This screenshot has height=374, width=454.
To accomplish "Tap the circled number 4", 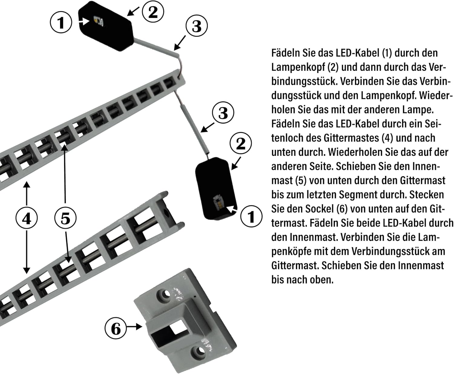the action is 27,218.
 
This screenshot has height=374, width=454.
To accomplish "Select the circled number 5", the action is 65,218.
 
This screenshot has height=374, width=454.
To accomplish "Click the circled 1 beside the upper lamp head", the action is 61,22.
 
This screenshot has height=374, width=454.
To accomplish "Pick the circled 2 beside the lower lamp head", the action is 241,143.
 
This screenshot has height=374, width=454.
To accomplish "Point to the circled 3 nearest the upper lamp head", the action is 196,26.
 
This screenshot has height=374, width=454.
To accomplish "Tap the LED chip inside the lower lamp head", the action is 218,202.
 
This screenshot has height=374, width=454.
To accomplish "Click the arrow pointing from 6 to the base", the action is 134,327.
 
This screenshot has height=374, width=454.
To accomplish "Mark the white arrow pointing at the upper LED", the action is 84,21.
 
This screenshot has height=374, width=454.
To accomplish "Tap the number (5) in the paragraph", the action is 301,180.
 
